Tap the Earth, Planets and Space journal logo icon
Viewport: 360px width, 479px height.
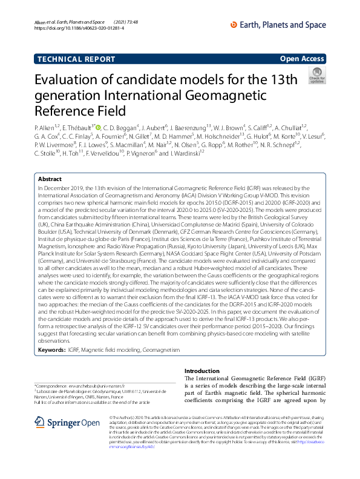pos(235,24)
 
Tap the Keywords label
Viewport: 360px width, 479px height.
pos(51,333)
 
